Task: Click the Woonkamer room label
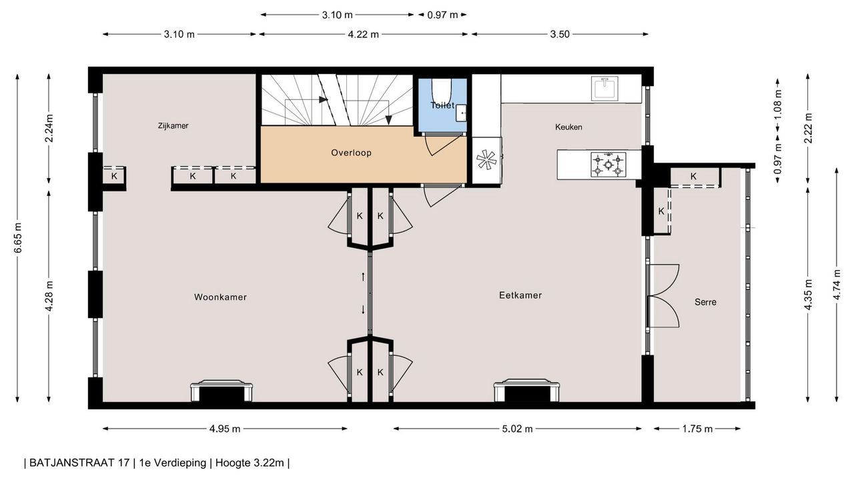click(x=220, y=297)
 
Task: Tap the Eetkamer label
click(x=520, y=295)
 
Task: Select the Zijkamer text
click(x=173, y=126)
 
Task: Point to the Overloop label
click(x=351, y=153)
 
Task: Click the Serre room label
click(x=705, y=302)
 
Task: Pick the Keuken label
click(x=568, y=127)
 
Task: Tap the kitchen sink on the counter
click(x=604, y=89)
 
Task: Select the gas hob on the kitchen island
click(x=608, y=165)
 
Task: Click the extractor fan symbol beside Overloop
click(x=486, y=159)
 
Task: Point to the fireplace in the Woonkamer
click(x=222, y=391)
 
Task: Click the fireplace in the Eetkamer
click(x=527, y=390)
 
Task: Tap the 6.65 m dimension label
click(x=18, y=238)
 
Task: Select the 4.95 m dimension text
click(x=225, y=429)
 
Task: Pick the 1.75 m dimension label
click(x=697, y=429)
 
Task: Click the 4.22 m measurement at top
click(x=364, y=34)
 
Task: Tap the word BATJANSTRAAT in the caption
click(x=79, y=463)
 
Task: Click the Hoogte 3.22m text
click(x=250, y=463)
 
